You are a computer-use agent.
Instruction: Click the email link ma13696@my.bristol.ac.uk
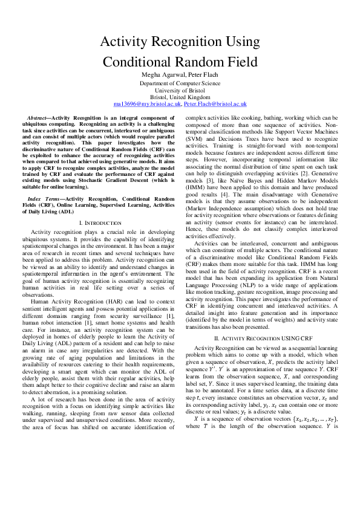coord(148,105)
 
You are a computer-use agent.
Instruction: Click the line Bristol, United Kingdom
coord(180,97)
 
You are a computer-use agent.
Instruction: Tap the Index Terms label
coord(45,199)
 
